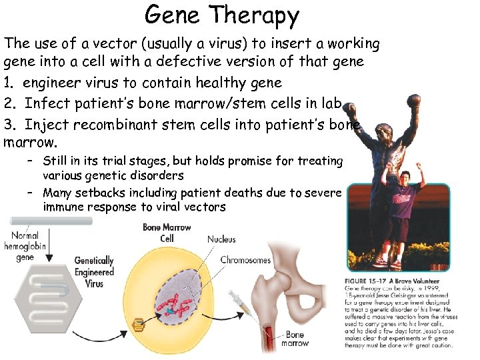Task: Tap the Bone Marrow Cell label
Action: [x=167, y=233]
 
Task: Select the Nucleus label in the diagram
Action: [x=221, y=239]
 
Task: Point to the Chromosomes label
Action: [x=245, y=260]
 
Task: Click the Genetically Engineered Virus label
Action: [x=94, y=272]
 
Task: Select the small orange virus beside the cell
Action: [x=138, y=325]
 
